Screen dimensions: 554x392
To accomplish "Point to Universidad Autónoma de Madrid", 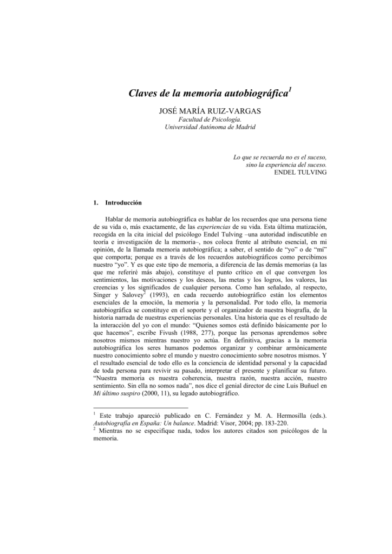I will (202, 128).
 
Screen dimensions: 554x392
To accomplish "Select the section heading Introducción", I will (123, 203).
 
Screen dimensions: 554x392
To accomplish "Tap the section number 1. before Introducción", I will (96, 203).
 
